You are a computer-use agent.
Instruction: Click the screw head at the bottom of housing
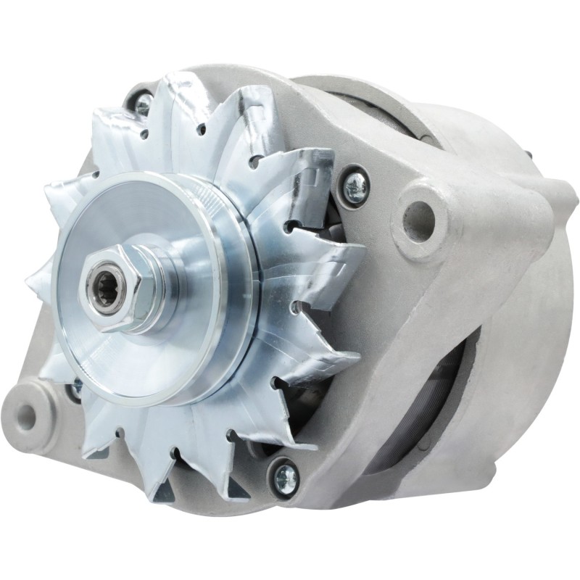284,475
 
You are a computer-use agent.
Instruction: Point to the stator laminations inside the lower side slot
435,420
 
